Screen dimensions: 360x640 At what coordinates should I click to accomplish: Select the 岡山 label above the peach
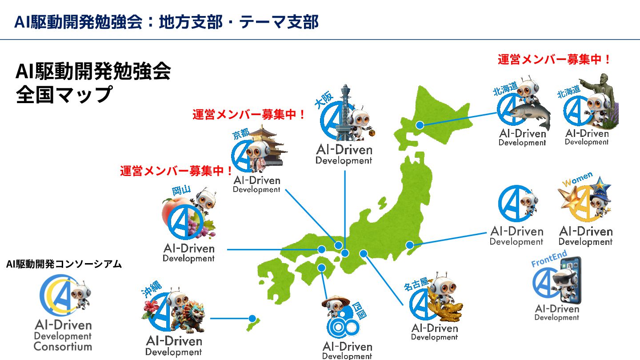[181, 191]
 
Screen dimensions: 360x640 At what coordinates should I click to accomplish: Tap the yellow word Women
[577, 179]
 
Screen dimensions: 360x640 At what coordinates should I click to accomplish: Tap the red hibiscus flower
[150, 306]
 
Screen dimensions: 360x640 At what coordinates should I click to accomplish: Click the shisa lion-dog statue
[192, 315]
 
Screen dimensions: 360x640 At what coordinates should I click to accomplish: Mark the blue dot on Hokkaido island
[419, 126]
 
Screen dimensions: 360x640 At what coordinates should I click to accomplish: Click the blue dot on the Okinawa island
[252, 318]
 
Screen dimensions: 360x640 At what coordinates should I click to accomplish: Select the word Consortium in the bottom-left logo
[63, 346]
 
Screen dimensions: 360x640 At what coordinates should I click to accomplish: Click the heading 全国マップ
[63, 95]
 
